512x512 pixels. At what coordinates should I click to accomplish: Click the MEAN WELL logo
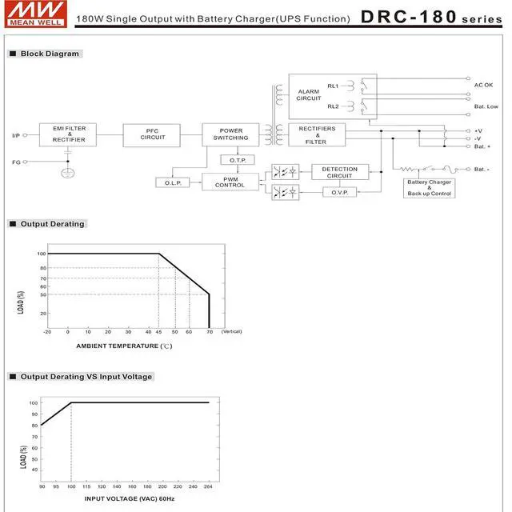click(36, 14)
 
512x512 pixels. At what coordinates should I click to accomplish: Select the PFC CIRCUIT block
click(151, 135)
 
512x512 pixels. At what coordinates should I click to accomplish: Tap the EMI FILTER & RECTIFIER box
click(68, 134)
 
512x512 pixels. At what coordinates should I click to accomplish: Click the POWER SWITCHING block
click(230, 134)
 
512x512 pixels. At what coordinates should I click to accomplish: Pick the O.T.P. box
click(238, 160)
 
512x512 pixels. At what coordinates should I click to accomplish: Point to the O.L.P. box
click(173, 182)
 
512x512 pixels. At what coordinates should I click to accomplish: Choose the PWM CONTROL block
click(230, 182)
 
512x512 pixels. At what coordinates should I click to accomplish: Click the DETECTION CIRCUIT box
click(340, 172)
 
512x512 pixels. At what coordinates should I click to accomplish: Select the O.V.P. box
click(339, 192)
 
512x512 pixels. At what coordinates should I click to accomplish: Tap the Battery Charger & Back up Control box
click(429, 188)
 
